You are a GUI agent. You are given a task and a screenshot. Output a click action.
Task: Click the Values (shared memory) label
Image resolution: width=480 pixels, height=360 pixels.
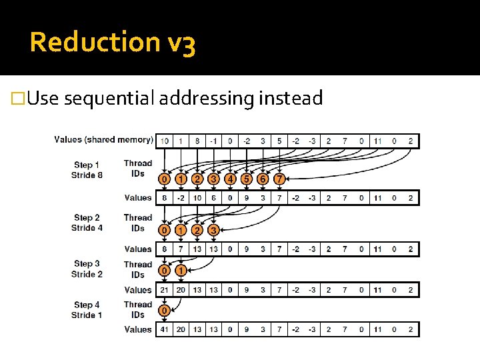tap(103, 139)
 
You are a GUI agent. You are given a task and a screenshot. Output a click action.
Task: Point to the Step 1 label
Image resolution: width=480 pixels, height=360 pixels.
tap(87, 165)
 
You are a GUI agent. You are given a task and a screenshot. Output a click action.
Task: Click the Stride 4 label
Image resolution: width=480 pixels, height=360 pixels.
tap(87, 228)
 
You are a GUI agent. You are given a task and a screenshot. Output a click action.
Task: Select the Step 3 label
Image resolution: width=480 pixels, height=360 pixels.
tap(87, 264)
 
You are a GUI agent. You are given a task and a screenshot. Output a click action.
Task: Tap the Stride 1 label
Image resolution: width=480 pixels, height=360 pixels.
tap(87, 315)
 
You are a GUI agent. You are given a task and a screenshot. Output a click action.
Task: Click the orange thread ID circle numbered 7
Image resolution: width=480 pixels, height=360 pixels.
tap(279, 179)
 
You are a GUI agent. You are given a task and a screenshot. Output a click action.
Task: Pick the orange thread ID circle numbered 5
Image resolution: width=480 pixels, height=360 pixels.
tap(247, 179)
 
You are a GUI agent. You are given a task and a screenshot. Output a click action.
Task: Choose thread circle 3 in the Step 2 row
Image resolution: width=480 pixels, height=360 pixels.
tap(213, 230)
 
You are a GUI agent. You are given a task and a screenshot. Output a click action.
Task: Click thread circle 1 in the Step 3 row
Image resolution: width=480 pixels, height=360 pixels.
tap(181, 271)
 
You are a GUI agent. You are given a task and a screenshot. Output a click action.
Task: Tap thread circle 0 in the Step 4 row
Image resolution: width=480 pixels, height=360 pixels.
tap(164, 310)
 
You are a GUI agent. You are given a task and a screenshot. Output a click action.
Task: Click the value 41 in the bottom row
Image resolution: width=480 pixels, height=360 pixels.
tap(164, 329)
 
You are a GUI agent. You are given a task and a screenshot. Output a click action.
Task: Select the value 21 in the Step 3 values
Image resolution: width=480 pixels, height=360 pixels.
tap(164, 290)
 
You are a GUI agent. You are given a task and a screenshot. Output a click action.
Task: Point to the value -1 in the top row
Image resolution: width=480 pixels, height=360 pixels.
tap(213, 141)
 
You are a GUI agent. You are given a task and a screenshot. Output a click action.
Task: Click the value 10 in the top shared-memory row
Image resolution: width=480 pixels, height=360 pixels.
tap(164, 141)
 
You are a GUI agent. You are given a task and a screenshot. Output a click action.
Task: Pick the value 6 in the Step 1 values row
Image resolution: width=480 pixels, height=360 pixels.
tap(213, 198)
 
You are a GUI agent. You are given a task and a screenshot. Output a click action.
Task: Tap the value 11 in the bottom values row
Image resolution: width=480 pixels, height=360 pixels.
tap(377, 329)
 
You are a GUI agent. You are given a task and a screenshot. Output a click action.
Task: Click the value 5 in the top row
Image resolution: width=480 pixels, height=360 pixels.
tap(279, 141)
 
